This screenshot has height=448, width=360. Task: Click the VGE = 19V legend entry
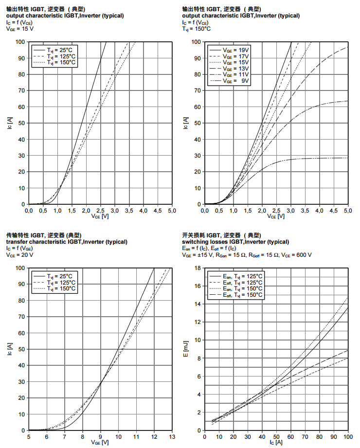click(x=235, y=50)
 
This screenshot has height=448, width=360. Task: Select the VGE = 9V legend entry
click(x=235, y=81)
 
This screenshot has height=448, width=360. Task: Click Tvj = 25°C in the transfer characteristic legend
click(x=61, y=276)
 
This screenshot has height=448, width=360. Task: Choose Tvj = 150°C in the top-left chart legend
click(x=61, y=62)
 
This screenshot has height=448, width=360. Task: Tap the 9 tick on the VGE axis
click(x=101, y=436)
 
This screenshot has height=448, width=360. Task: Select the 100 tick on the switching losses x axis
click(x=348, y=436)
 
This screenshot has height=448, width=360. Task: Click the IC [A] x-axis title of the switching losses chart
click(x=276, y=442)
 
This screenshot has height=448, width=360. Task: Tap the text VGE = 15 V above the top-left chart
click(x=20, y=29)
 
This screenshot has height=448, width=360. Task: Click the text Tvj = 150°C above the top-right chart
click(x=197, y=29)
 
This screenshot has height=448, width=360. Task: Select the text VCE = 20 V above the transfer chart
click(x=20, y=254)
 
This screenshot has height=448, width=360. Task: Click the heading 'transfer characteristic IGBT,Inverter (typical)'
click(x=67, y=242)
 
